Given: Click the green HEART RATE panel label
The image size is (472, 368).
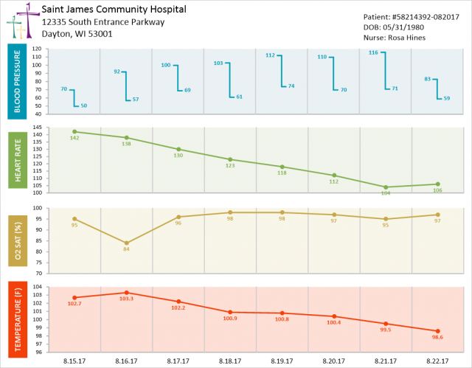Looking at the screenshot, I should [19, 160].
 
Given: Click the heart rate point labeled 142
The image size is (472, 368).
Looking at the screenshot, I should [74, 131].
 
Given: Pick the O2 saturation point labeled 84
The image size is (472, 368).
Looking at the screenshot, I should [127, 243].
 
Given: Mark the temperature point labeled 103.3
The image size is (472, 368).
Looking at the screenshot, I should [127, 293].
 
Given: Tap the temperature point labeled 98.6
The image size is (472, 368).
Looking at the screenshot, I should [437, 331].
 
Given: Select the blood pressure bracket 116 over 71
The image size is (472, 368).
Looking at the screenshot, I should [385, 71].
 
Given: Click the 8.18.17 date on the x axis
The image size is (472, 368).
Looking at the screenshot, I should [230, 361].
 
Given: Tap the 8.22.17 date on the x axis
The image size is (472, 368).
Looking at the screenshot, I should [437, 361].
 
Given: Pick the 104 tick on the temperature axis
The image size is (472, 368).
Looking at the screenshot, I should [37, 288].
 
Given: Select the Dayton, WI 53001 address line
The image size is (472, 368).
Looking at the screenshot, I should [77, 34].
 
